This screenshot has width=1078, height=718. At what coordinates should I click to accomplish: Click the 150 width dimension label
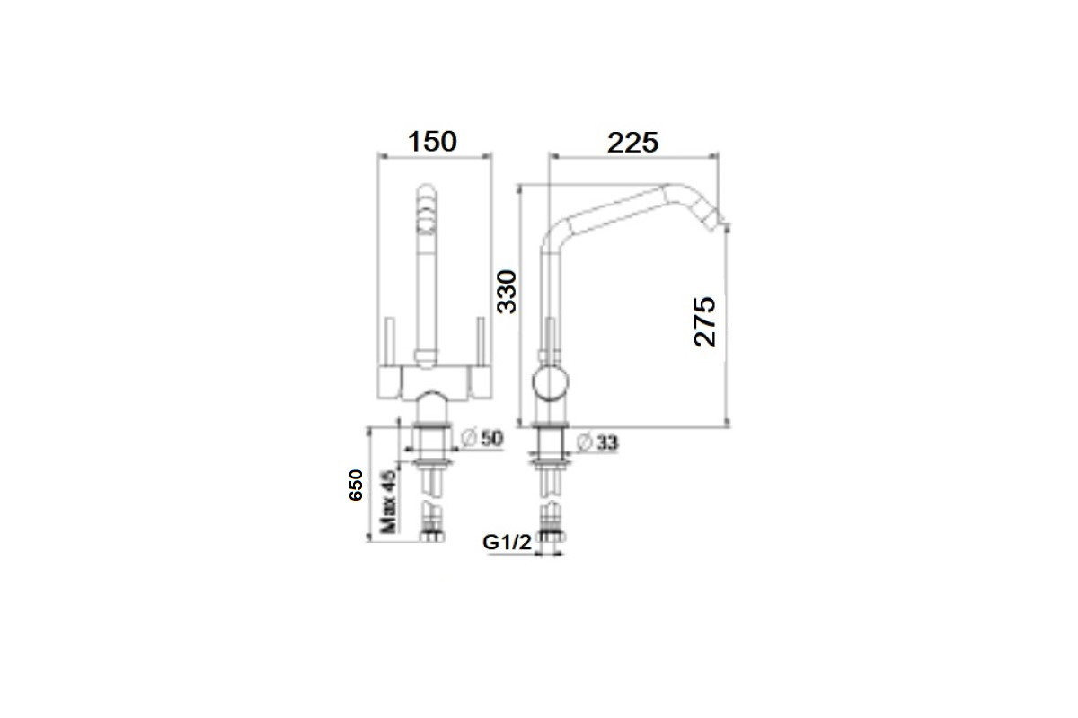pos(432,142)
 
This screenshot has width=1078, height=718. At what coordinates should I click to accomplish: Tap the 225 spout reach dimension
pos(632,143)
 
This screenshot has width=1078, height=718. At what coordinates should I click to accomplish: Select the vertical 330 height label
pos(507,292)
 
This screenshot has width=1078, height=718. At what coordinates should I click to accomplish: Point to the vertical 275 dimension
pos(705,321)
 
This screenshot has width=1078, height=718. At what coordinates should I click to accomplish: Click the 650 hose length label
pos(356,486)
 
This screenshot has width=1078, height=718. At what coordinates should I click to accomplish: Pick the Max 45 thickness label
pos(388,502)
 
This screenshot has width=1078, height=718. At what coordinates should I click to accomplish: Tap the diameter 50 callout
pos(482,438)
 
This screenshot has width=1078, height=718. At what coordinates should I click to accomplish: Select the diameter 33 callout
pos(597,442)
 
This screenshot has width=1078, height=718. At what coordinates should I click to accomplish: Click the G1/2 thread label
pos(508,542)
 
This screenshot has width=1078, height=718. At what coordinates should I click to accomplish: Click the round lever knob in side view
pos(551,382)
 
